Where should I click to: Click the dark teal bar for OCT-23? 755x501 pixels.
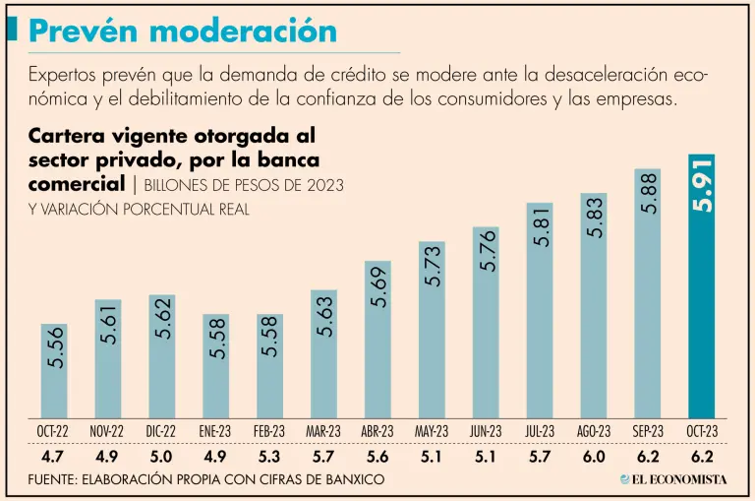tap(701, 285)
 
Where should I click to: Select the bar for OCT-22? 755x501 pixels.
tap(54, 370)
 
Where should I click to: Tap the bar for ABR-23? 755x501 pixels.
tap(377, 340)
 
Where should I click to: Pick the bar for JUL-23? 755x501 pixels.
tap(540, 310)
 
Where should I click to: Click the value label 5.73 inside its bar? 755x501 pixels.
tap(432, 267)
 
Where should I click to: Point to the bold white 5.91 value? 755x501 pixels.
tap(701, 186)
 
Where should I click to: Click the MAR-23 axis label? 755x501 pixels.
tap(323, 431)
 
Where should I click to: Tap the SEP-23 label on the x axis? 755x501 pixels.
tap(647, 431)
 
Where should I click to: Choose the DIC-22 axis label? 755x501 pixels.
tap(161, 431)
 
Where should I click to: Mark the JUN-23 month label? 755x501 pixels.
tap(486, 431)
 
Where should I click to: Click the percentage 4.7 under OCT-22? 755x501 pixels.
tap(54, 457)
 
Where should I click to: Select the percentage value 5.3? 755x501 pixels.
tap(269, 457)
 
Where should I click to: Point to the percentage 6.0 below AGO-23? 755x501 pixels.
tap(593, 457)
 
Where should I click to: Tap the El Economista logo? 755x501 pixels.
tap(673, 479)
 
